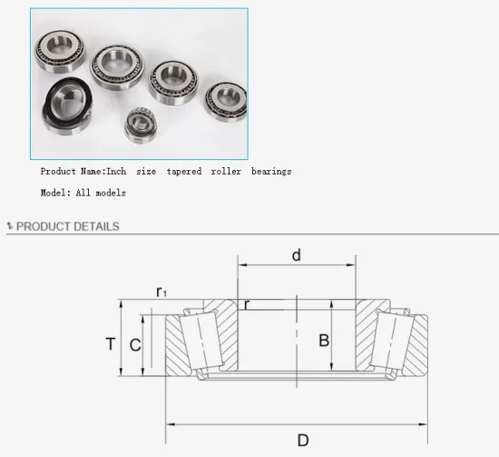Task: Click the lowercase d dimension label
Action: [x=296, y=255]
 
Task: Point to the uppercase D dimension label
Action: [x=303, y=440]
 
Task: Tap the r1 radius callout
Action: [x=161, y=292]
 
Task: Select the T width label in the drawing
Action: [x=111, y=343]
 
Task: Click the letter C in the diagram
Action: [x=134, y=344]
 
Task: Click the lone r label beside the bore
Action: [x=246, y=304]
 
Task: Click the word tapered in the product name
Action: [x=184, y=171]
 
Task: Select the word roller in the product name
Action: [x=226, y=171]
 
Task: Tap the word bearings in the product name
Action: [x=271, y=171]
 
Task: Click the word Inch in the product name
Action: [x=118, y=171]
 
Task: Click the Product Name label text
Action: [x=72, y=171]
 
